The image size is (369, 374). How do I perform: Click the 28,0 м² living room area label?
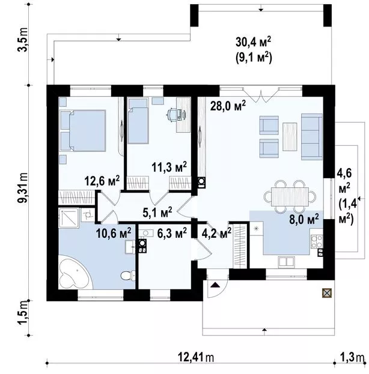(228, 106)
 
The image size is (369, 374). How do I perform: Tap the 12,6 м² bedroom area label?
(102, 181)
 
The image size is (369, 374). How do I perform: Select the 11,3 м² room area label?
(169, 167)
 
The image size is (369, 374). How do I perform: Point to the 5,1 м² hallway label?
(157, 213)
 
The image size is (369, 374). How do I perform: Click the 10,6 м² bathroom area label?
(114, 233)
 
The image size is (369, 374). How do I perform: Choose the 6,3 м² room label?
(172, 233)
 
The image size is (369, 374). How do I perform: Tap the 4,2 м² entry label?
(216, 233)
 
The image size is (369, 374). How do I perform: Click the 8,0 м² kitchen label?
(304, 220)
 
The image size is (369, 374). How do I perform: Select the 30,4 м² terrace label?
(253, 42)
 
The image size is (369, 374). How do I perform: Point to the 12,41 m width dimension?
(196, 357)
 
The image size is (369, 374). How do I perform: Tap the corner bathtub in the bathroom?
(75, 272)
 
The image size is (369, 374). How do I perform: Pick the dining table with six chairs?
(290, 196)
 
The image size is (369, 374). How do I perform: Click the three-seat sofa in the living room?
(312, 137)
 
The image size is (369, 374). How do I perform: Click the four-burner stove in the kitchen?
(317, 241)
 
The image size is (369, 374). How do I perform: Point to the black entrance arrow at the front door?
(215, 285)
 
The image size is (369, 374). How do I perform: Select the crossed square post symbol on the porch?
(327, 293)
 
